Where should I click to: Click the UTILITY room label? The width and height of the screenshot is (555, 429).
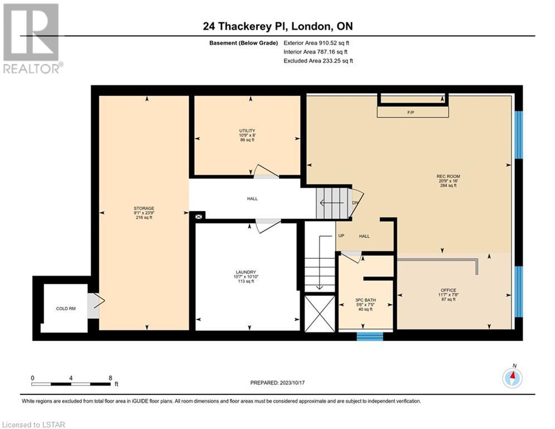[x=247, y=131]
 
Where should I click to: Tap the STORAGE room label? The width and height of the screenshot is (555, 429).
[x=144, y=208]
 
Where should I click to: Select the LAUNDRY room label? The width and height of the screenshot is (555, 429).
[x=245, y=272]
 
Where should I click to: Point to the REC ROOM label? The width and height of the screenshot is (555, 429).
[x=448, y=176]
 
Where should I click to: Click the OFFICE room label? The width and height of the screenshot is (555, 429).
[x=448, y=290]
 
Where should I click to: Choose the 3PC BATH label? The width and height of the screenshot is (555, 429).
[x=366, y=300]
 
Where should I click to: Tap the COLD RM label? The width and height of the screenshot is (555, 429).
[x=66, y=308]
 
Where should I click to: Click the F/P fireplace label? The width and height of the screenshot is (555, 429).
[x=411, y=112]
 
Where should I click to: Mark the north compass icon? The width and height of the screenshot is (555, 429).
[x=512, y=378]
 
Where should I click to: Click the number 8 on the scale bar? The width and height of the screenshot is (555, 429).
[x=110, y=378]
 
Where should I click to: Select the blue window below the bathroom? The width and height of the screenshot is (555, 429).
[x=369, y=336]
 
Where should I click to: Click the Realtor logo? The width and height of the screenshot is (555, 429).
[x=31, y=39]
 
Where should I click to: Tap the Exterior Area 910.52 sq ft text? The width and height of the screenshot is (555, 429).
[x=316, y=43]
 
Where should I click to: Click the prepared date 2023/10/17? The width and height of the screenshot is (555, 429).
[x=292, y=383]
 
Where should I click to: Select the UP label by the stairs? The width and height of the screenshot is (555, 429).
[x=341, y=235]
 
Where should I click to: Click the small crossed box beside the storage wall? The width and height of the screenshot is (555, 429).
[x=199, y=216]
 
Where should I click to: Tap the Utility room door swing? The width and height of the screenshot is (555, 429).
[x=266, y=171]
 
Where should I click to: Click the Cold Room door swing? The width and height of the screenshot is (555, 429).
[x=96, y=302]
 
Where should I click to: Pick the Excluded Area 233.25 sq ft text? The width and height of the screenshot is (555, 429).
[x=318, y=61]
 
